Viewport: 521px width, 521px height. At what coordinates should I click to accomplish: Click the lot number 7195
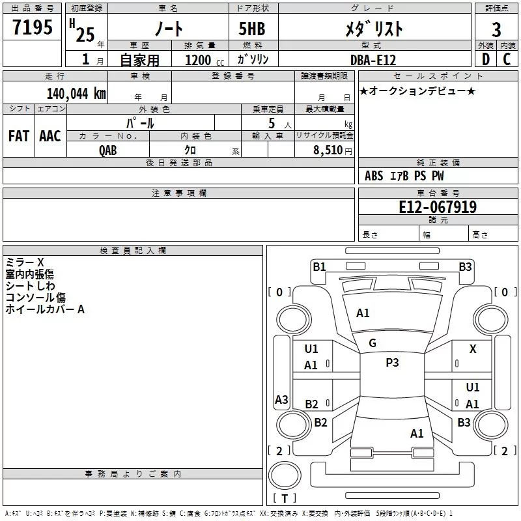click(x=33, y=27)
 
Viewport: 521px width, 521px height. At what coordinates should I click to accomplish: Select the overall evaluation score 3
click(x=496, y=29)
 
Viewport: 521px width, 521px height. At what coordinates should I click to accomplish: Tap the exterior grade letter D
click(x=485, y=59)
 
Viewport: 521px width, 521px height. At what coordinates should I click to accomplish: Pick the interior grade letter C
click(x=507, y=59)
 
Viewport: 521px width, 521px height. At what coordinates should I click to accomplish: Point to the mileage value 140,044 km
click(x=76, y=93)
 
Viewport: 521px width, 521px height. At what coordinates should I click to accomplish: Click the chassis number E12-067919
click(x=438, y=207)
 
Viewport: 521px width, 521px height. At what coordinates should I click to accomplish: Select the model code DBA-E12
click(x=372, y=59)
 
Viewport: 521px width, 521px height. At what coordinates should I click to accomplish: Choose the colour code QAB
click(x=108, y=150)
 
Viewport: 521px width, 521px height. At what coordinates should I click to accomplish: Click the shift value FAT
click(x=19, y=136)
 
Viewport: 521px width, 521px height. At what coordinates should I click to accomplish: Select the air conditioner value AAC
click(x=50, y=136)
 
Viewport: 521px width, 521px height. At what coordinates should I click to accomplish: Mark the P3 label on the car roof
click(x=392, y=363)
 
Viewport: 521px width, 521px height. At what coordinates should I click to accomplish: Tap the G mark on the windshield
click(x=373, y=343)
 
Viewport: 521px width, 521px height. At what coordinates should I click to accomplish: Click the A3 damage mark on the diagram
click(x=281, y=400)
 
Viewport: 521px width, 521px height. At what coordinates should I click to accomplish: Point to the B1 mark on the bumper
click(x=319, y=266)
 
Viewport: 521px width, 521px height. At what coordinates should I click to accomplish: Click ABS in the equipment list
click(x=374, y=176)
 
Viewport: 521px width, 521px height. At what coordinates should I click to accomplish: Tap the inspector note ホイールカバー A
click(x=45, y=309)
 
